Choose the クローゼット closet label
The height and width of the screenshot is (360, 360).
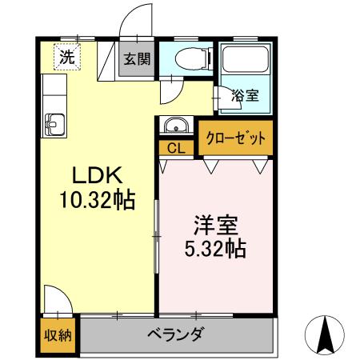pos(234,138)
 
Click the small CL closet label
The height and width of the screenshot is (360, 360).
pos(176,148)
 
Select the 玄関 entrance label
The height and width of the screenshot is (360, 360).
pos(135,59)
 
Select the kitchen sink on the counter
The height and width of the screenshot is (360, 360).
pos(54,125)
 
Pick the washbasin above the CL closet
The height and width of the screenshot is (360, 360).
pos(175,126)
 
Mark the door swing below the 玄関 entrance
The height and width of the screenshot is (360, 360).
pos(170,90)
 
